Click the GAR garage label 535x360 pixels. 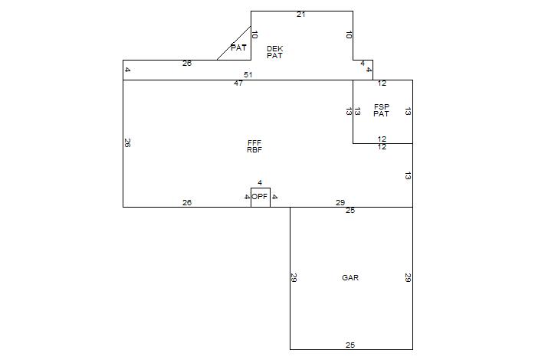[350, 277]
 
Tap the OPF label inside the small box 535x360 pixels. [261, 197]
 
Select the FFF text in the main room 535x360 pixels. [254, 142]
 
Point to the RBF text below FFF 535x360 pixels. [254, 150]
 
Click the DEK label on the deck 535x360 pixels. [274, 48]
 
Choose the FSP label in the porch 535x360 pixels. [382, 106]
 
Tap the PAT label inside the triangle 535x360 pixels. [238, 47]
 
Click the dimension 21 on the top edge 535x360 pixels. [301, 15]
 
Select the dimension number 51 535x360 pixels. [248, 74]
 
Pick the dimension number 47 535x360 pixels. [238, 83]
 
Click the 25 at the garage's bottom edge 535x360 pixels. [350, 345]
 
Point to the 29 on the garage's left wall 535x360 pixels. [294, 278]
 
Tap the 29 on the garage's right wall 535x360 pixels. [408, 278]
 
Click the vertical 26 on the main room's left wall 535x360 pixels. [127, 142]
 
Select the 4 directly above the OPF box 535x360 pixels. [260, 182]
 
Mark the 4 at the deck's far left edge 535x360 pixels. [127, 70]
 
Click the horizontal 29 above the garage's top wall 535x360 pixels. [340, 202]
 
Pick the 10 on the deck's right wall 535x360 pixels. [349, 35]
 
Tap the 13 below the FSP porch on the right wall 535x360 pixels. [408, 175]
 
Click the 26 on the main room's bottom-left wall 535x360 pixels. [187, 202]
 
